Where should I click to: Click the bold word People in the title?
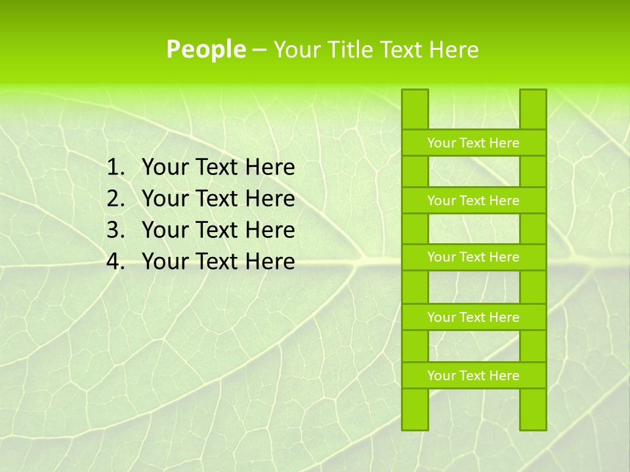pos(205,50)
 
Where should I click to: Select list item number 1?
pos(218,168)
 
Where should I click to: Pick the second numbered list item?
pos(218,199)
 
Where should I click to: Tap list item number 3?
pos(218,231)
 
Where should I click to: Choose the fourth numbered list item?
pos(218,262)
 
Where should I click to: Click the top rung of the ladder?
pos(473,143)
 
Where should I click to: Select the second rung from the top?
pos(473,201)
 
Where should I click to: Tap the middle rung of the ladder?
pos(473,258)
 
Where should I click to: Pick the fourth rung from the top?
pos(473,317)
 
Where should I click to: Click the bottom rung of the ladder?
pos(473,376)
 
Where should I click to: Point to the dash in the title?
pos(259,50)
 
